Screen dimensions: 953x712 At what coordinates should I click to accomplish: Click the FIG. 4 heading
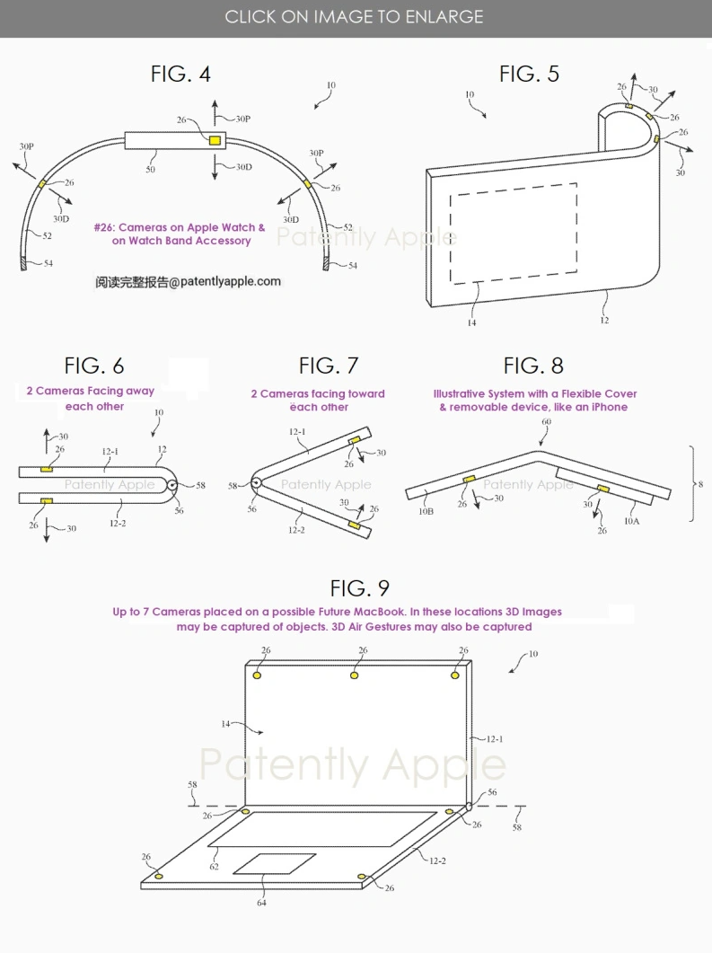tap(180, 74)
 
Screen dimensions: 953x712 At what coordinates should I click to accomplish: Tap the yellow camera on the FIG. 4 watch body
tap(215, 141)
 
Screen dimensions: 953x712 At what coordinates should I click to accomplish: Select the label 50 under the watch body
tap(149, 169)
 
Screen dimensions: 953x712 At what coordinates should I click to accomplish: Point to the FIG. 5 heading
tap(529, 74)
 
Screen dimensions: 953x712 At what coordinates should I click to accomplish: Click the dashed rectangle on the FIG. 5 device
tap(513, 233)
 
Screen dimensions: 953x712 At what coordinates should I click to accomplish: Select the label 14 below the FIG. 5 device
tap(471, 322)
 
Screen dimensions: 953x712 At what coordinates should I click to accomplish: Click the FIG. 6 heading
tap(94, 366)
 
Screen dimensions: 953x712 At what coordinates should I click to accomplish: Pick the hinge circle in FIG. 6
tap(171, 485)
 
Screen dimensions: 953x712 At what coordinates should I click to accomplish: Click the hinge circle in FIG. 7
tap(256, 483)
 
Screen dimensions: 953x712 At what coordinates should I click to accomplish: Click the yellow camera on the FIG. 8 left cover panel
tap(468, 481)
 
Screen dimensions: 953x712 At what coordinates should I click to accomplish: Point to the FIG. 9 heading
tap(359, 588)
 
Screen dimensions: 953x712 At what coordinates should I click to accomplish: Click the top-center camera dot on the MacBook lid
tap(356, 675)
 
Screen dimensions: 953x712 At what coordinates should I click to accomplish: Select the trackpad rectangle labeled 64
tap(275, 864)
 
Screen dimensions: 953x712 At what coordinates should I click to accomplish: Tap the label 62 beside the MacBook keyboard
tap(214, 868)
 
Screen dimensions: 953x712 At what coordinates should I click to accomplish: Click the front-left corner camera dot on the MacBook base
tap(159, 875)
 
